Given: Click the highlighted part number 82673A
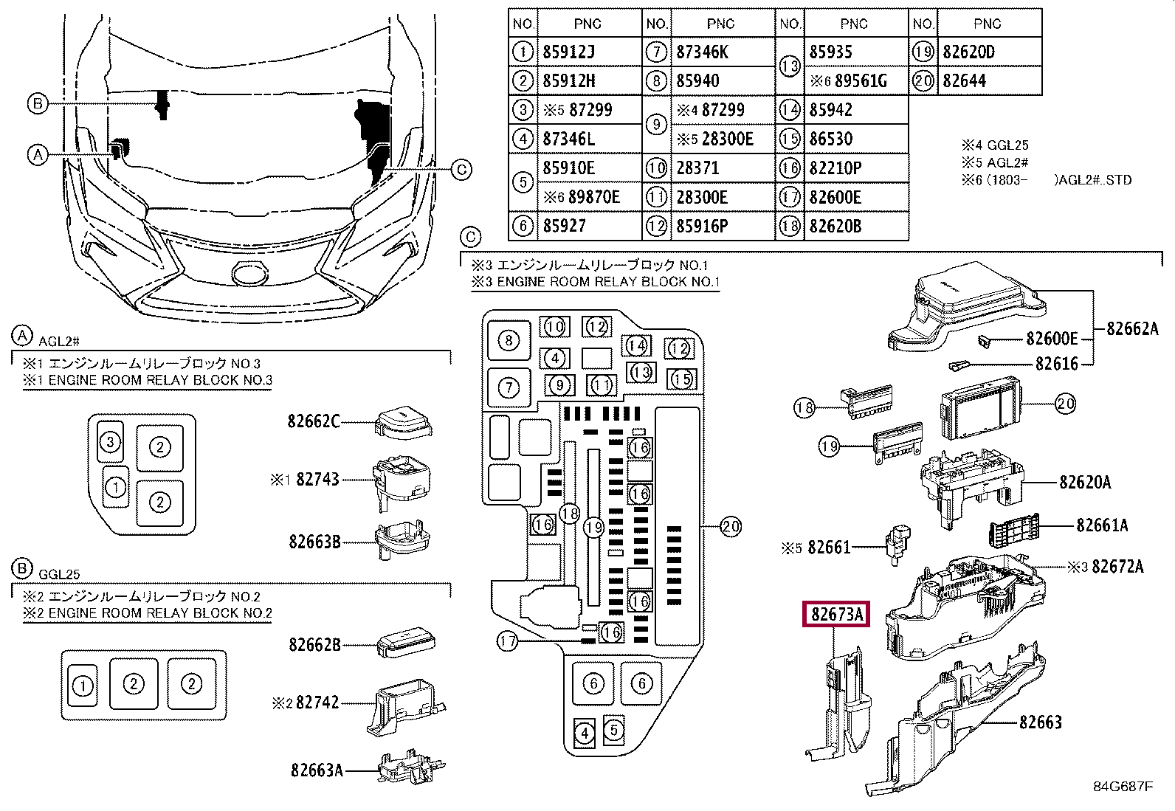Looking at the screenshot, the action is tap(836, 614).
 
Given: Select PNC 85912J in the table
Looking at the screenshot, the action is tap(568, 52).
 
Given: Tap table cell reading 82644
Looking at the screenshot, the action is tap(964, 80).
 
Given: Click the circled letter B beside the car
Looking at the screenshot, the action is tap(37, 103).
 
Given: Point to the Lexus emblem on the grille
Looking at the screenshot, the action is tap(250, 273).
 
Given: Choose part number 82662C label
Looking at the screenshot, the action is tap(314, 421).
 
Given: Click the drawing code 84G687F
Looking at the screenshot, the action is tap(1123, 787).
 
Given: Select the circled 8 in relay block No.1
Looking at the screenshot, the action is tap(509, 340).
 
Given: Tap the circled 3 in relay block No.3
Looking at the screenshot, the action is tap(110, 442).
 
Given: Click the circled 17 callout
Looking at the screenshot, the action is tap(507, 641).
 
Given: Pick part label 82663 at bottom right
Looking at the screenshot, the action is tap(1040, 722).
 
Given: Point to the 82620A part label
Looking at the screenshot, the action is tap(1085, 482).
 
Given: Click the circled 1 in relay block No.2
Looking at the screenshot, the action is tap(83, 686).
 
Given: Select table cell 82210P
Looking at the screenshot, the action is tap(835, 168).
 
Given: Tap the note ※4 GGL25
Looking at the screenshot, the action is tap(995, 145).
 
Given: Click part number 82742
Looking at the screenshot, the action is tap(317, 703).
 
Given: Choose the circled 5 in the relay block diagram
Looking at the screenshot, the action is tap(614, 730).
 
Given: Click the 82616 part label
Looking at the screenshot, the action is tap(1056, 364).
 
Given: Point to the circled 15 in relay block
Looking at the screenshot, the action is tap(681, 379).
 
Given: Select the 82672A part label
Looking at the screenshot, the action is tap(1117, 567).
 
